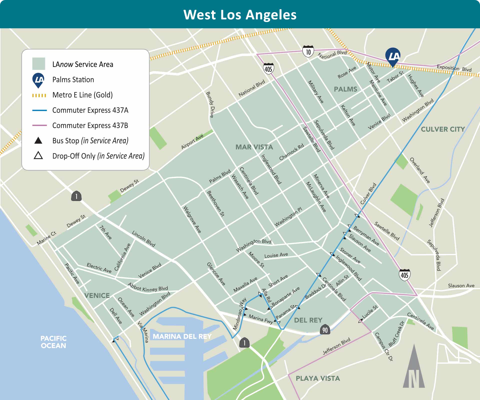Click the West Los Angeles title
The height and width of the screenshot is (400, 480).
[x=240, y=15]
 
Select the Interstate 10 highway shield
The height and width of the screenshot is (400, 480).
[x=308, y=51]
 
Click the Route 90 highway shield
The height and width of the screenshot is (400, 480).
[x=325, y=330]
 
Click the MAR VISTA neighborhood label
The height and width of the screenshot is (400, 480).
[x=254, y=147]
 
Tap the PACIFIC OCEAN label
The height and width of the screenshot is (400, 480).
[x=53, y=342]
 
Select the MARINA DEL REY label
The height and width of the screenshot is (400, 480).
[x=182, y=336]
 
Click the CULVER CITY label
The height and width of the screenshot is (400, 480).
[x=443, y=129]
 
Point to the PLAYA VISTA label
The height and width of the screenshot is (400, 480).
[x=318, y=378]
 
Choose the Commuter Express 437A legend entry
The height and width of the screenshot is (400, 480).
[x=90, y=110]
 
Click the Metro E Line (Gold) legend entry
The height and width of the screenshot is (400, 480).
[x=82, y=95]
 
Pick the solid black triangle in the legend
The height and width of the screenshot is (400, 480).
[x=38, y=141]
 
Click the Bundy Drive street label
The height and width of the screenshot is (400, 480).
[x=210, y=105]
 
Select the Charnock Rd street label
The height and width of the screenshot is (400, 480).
[x=291, y=152]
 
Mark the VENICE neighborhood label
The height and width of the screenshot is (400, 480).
[x=97, y=295]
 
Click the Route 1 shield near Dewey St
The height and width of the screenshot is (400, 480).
[x=76, y=196]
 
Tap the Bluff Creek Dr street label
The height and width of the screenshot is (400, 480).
[x=396, y=334]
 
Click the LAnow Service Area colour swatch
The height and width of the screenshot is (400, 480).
[x=38, y=64]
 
